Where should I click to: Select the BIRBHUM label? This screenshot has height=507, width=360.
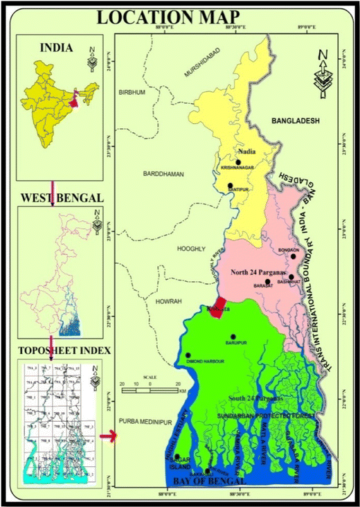click(x=134, y=92)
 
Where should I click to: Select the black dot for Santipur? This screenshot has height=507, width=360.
click(x=230, y=186)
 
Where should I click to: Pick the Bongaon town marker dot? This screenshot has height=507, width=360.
click(x=294, y=256)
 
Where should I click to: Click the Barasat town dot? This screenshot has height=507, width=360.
click(x=267, y=282)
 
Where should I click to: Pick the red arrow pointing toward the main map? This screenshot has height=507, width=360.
click(x=109, y=436)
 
